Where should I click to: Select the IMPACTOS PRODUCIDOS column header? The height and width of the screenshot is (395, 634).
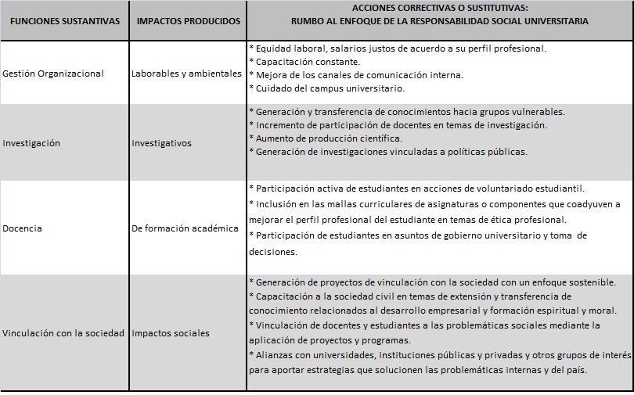tap(188, 21)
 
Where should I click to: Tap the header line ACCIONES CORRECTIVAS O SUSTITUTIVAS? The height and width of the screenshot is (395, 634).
tap(439, 8)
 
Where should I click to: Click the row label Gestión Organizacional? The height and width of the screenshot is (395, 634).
tap(53, 74)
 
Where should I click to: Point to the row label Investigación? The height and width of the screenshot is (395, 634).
tap(31, 143)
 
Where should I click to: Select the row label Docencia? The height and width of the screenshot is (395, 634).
tap(23, 229)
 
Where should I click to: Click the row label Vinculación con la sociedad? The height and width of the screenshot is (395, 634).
tap(63, 333)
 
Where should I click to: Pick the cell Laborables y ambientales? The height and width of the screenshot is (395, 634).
tap(187, 74)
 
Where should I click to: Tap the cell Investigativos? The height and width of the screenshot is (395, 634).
tap(162, 143)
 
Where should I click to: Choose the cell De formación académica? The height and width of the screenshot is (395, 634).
tap(185, 229)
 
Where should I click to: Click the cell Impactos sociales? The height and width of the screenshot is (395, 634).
tap(171, 333)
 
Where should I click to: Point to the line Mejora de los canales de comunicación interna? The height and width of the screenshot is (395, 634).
tap(358, 75)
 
